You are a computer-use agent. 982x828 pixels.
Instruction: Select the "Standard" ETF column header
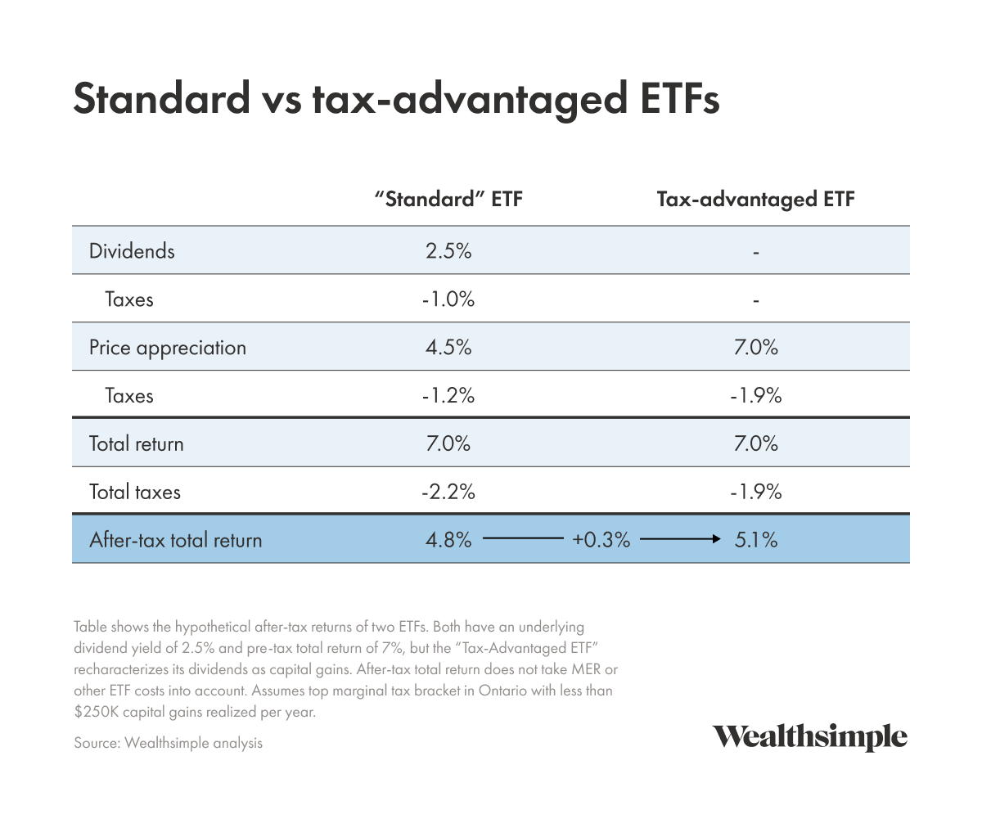pos(448,200)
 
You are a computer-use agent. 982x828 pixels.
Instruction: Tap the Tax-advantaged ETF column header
pos(755,200)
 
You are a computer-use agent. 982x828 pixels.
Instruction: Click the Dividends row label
pos(132,250)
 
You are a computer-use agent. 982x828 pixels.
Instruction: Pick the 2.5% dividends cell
pos(448,250)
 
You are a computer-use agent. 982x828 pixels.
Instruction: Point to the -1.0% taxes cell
pos(448,299)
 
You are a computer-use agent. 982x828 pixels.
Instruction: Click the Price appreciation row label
pos(168,347)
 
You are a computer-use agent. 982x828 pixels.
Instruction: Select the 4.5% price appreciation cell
pos(448,347)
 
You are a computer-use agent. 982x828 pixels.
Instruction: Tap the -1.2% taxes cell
pos(448,395)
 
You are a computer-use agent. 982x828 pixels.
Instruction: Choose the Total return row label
pos(137,443)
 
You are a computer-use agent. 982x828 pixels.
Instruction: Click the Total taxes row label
pos(135,492)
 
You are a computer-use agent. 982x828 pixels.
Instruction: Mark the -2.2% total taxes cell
pos(448,492)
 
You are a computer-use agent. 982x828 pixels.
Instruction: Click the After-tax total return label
pos(176,540)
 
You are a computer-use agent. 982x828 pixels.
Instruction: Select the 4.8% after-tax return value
pos(448,540)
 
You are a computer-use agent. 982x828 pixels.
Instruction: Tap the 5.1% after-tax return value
pos(755,540)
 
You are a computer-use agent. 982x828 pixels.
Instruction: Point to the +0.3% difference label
pos(601,540)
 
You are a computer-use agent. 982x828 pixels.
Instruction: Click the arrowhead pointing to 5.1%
pos(716,539)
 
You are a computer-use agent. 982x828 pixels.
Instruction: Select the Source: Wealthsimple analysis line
pos(168,743)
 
